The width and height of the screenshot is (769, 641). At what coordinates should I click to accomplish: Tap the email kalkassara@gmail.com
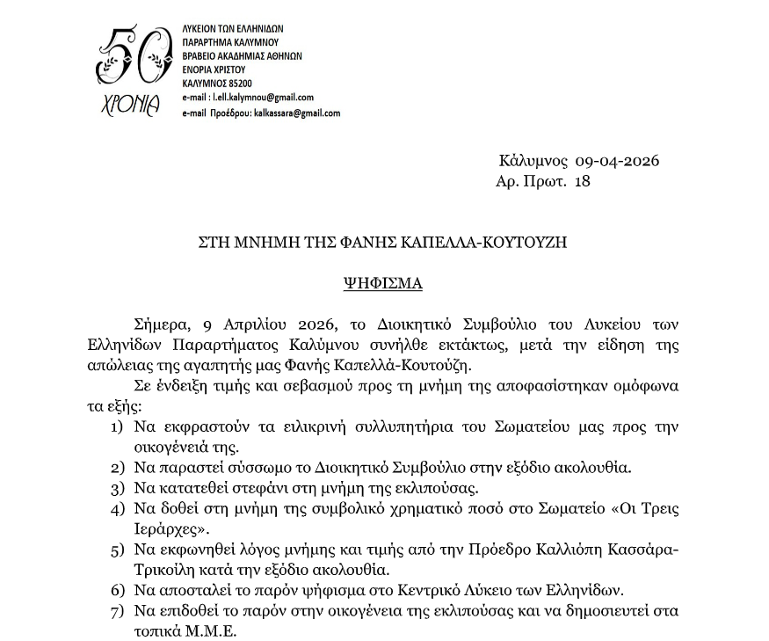click(x=296, y=113)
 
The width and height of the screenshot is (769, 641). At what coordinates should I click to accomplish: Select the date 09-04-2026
click(x=617, y=161)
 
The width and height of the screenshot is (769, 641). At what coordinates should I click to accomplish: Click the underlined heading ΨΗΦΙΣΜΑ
click(x=382, y=283)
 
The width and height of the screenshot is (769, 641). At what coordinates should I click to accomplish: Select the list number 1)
click(x=117, y=428)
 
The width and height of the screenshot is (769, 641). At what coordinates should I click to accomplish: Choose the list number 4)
click(x=117, y=509)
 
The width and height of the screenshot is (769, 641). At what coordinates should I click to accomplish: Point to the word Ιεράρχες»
click(x=172, y=529)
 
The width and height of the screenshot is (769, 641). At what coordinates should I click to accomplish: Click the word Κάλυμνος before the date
click(x=533, y=161)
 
